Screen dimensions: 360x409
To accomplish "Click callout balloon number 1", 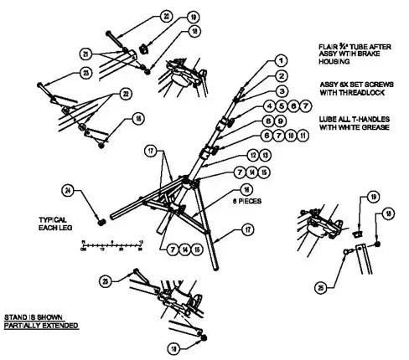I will tap(281, 61).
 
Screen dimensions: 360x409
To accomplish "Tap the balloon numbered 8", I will tap(271, 121).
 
